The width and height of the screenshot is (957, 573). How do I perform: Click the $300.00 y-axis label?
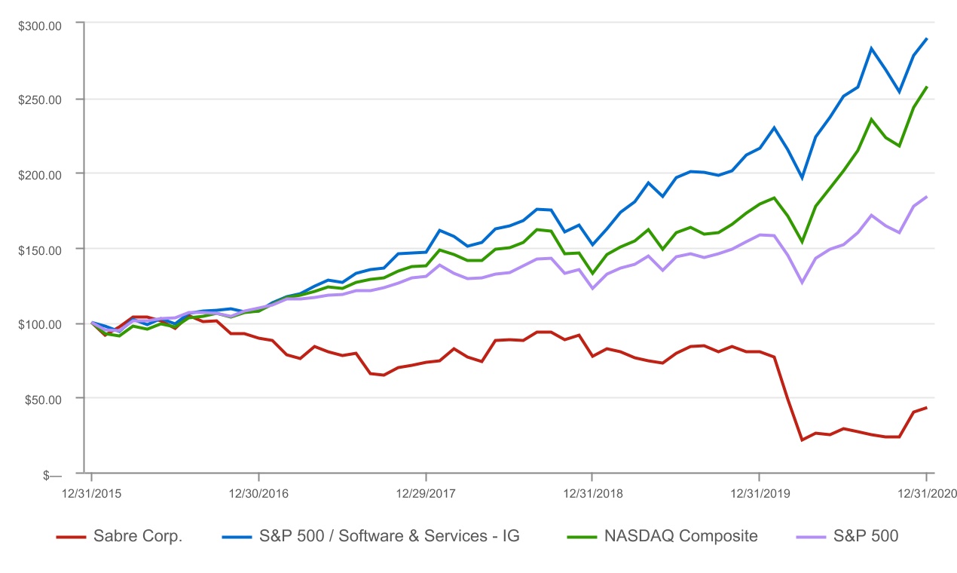[40, 25]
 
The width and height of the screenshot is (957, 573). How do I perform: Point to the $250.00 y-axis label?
[40, 100]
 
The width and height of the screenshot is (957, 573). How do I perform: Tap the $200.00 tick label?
[40, 174]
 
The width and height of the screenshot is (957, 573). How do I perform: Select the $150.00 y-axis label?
[40, 249]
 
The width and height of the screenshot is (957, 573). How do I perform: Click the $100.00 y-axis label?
[40, 324]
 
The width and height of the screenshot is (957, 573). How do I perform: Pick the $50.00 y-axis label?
[42, 399]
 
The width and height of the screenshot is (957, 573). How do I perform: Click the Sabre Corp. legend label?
[138, 537]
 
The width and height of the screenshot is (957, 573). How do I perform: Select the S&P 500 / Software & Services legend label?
[390, 537]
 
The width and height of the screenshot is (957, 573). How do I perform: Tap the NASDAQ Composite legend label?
[680, 537]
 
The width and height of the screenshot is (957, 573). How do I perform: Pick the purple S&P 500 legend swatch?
[810, 537]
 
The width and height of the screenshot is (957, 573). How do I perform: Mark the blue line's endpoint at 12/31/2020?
[926, 38]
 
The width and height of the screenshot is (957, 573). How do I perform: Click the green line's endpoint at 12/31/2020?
[926, 87]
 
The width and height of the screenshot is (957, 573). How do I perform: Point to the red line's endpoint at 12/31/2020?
[926, 408]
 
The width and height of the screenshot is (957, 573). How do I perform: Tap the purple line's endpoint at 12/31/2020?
[926, 197]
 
